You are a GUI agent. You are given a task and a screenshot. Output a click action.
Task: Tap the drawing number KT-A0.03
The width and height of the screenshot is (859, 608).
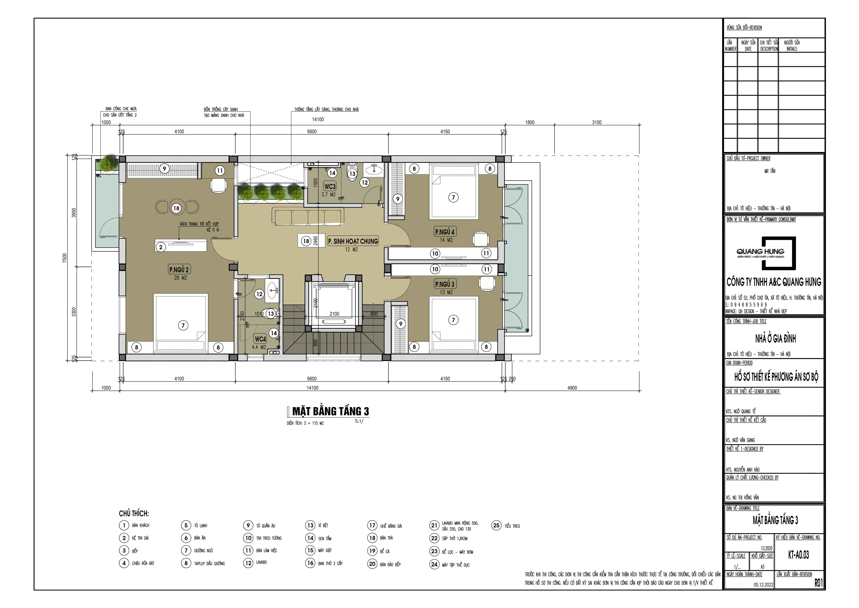point(798,555)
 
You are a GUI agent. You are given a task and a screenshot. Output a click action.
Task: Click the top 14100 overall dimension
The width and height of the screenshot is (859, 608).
point(318,119)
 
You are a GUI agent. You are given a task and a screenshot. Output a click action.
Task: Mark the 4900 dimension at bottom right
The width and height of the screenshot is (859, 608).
point(572,388)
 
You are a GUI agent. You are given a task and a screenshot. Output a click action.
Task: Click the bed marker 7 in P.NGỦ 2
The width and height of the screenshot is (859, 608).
point(183,325)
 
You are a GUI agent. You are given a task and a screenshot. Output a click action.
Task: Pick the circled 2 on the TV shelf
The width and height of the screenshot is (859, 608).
point(161,247)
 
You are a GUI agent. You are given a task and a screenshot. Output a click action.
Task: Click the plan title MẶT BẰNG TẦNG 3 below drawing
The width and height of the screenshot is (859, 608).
point(330,411)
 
